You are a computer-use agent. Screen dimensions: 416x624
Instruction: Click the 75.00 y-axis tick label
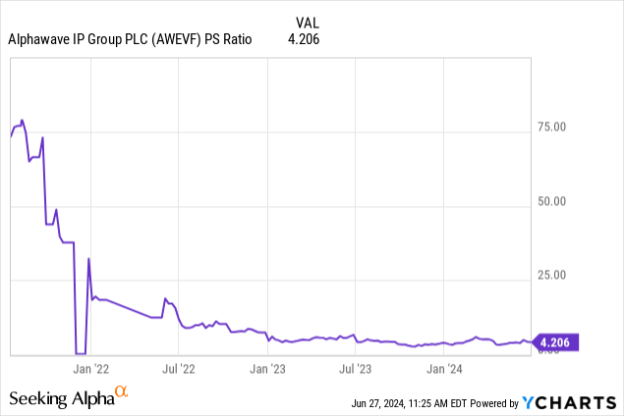pyautogui.click(x=563, y=127)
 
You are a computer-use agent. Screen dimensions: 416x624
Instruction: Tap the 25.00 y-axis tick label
pyautogui.click(x=563, y=276)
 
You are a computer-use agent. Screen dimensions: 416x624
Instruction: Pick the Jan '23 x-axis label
pyautogui.click(x=268, y=369)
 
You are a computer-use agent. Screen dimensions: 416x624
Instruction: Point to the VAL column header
pyautogui.click(x=307, y=21)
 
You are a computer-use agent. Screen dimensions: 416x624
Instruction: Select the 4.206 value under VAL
pyautogui.click(x=303, y=39)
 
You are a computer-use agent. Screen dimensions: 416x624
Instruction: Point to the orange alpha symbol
pyautogui.click(x=122, y=391)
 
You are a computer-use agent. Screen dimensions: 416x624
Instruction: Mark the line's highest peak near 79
pyautogui.click(x=22, y=121)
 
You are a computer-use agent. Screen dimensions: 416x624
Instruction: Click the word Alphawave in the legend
pyautogui.click(x=38, y=39)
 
